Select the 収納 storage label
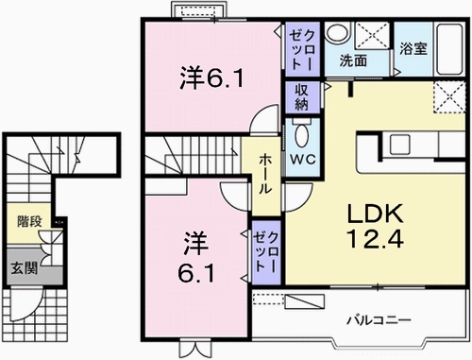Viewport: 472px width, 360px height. (x=302, y=95)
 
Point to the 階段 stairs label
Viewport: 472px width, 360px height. (x=28, y=222)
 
